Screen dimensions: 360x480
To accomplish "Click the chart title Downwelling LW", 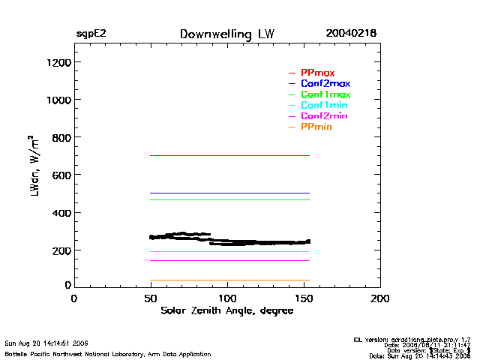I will (x=227, y=34).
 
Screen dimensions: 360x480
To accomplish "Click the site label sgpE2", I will (x=91, y=34).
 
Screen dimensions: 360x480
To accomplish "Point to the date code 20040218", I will (x=350, y=34).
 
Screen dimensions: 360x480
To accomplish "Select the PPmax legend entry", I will (x=317, y=73).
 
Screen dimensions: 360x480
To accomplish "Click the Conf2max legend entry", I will (x=325, y=83).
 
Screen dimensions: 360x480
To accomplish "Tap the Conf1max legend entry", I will (x=325, y=94).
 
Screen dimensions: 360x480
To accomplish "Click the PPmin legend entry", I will (x=316, y=127).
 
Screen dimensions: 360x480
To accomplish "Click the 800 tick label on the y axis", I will (x=52, y=137).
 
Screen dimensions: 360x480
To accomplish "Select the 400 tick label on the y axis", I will (x=52, y=213).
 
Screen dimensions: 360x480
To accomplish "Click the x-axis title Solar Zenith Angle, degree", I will (x=226, y=310).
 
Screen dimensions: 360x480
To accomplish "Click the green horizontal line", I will (x=225, y=199).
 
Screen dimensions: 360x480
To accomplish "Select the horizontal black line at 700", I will (x=225, y=155).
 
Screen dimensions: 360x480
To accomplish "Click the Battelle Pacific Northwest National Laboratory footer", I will (x=107, y=354).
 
